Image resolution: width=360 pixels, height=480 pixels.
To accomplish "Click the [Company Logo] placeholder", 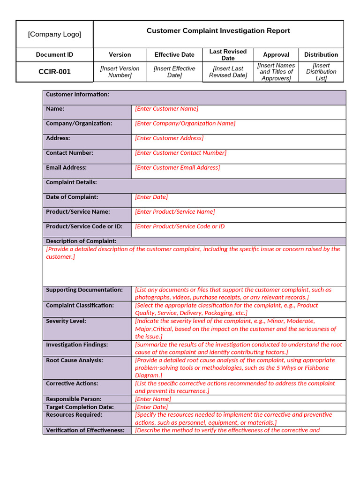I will coord(54,34).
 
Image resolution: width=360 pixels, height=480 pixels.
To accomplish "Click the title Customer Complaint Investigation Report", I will coord(218,31).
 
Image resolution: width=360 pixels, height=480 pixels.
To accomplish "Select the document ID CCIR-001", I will coord(54,72).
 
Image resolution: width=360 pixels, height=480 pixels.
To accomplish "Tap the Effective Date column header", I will coord(174,55).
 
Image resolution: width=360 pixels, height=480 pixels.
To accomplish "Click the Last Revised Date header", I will coord(228,55).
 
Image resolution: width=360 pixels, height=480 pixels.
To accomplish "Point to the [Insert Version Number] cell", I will coord(120,72).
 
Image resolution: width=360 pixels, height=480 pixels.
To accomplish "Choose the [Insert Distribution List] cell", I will coord(321,72).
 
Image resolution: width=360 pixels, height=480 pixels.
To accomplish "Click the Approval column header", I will coord(276,55).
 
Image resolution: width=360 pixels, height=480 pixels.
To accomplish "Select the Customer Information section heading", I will coord(77,95).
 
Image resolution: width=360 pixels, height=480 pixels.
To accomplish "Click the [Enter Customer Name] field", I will coord(166,109).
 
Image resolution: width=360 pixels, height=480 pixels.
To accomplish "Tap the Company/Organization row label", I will coord(79,124).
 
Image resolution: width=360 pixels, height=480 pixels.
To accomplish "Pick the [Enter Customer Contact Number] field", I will coord(180,153).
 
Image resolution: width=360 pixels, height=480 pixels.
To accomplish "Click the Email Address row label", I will coord(66,168).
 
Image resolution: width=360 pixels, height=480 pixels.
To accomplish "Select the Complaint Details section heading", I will coord(71,182).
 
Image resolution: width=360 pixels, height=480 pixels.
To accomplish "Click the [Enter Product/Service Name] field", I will coord(175,212).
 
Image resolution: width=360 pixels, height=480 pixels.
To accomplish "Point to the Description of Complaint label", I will coord(81,241).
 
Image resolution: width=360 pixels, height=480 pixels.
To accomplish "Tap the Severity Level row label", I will coord(66,321).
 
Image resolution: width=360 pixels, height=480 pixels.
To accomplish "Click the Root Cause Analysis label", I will coord(74,360).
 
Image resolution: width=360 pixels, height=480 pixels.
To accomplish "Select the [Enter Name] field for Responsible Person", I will coord(153,399).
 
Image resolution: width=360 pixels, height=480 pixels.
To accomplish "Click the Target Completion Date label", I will coord(80,407).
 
